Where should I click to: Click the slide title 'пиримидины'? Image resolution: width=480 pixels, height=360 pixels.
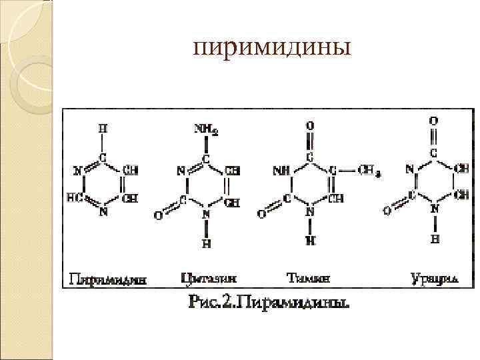[x=271, y=49]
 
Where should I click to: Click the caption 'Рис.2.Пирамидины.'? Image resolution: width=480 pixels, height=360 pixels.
[x=269, y=304]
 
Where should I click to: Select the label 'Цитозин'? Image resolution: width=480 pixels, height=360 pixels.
[x=208, y=277]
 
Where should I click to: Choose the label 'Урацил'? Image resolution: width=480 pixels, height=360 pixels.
[x=434, y=277]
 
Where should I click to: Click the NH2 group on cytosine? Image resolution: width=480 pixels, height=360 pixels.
[x=207, y=128]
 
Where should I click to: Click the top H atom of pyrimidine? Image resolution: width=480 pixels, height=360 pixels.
[x=102, y=127]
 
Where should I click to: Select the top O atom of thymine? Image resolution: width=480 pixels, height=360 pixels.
[x=310, y=125]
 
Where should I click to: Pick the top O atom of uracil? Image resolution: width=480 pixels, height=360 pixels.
[x=434, y=121]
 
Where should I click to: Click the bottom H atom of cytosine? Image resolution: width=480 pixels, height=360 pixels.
[x=207, y=243]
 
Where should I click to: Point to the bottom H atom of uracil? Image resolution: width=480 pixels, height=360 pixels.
[x=434, y=239]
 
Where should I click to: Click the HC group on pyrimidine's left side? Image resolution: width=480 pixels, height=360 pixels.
[x=74, y=197]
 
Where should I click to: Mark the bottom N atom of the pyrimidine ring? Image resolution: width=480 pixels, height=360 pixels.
[x=103, y=213]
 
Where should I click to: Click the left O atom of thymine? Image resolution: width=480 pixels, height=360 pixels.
[x=261, y=214]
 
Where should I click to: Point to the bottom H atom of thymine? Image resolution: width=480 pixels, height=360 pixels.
[x=310, y=239]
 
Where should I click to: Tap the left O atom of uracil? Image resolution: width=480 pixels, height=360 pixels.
[x=387, y=211]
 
